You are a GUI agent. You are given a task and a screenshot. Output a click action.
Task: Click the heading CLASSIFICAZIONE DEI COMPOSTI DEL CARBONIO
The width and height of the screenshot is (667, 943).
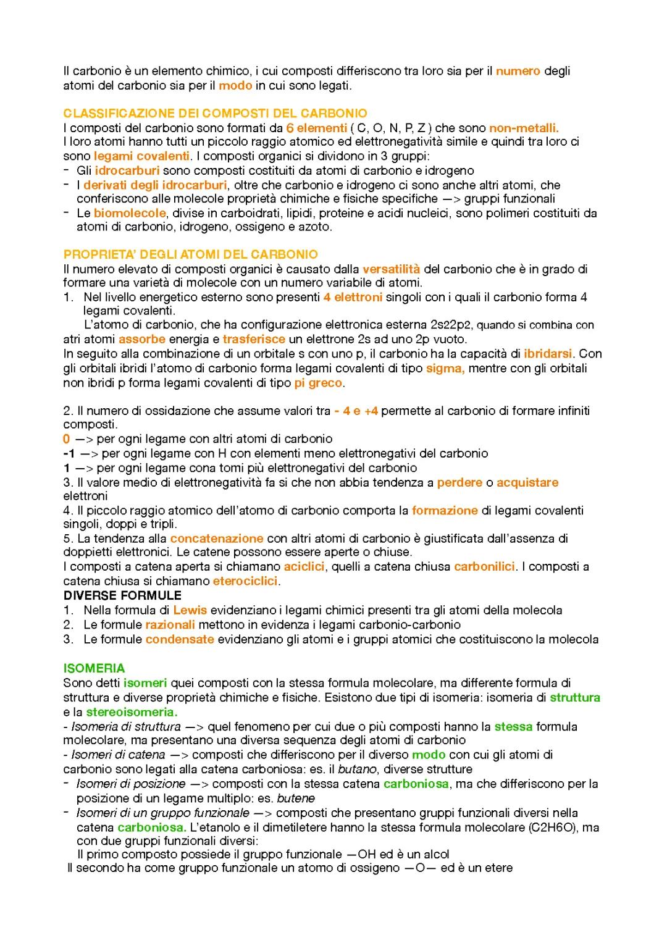[215, 114]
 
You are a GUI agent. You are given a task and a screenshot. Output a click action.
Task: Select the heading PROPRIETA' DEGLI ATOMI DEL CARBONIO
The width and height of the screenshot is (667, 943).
[190, 254]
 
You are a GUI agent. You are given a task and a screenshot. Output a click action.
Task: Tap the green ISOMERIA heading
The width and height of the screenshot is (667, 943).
[94, 668]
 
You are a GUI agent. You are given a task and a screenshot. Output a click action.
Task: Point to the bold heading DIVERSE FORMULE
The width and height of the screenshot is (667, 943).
[122, 596]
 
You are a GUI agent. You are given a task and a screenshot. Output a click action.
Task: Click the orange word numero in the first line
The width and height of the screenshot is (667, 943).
[518, 71]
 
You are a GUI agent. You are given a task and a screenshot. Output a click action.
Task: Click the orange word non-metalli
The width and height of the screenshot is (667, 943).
[524, 128]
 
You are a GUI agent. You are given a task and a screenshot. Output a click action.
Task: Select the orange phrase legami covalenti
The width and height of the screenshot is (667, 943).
[141, 156]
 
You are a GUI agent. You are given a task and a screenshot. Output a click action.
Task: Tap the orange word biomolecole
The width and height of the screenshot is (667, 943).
[130, 213]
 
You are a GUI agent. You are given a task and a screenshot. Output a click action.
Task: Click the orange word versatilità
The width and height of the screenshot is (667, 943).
[391, 269]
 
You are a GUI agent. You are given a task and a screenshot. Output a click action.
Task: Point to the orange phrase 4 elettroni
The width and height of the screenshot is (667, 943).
[353, 297]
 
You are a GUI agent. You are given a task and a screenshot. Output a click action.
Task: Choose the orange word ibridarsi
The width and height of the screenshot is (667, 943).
[548, 354]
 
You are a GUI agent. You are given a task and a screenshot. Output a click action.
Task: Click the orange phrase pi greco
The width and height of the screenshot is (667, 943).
[318, 383]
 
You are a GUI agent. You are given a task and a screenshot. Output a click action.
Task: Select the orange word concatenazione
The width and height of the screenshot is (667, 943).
[217, 539]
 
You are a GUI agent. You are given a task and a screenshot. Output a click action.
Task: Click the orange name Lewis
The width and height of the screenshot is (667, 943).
[190, 610]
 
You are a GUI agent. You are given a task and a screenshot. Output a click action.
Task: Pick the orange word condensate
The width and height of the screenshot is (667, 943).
[180, 639]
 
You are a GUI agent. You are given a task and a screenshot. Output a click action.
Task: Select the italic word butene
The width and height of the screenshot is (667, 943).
[295, 798]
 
